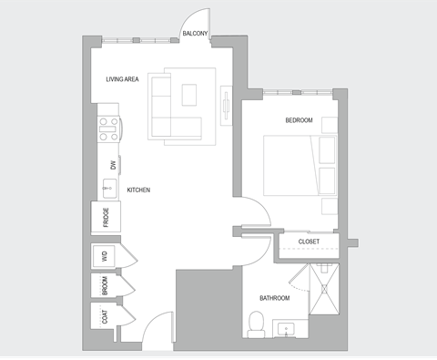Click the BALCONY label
click(x=195, y=34)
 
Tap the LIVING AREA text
click(x=121, y=79)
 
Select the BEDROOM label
click(x=299, y=120)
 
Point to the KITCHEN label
click(x=138, y=190)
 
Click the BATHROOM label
click(x=274, y=298)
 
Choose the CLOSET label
click(x=310, y=242)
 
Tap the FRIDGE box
click(x=106, y=217)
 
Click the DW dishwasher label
click(x=113, y=165)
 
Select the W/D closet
click(x=105, y=257)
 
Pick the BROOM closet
click(x=105, y=286)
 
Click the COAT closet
click(x=105, y=316)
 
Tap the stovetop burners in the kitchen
click(x=108, y=129)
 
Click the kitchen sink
click(x=108, y=189)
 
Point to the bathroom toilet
click(x=257, y=322)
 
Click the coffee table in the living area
click(x=191, y=96)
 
